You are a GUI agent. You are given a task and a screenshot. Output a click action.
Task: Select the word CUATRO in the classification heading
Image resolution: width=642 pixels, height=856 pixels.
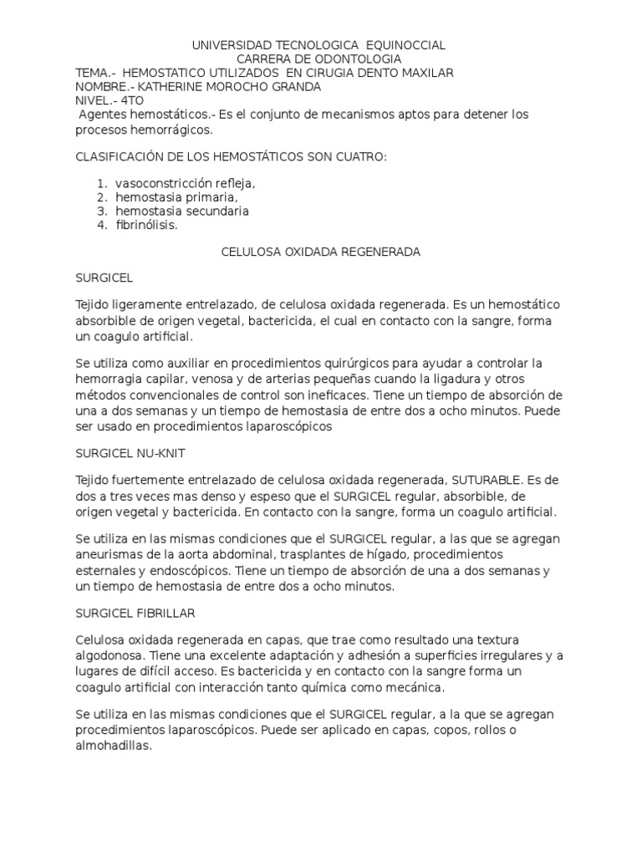tap(357, 156)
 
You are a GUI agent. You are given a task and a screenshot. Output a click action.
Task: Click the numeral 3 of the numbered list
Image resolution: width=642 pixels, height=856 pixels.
tap(101, 211)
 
